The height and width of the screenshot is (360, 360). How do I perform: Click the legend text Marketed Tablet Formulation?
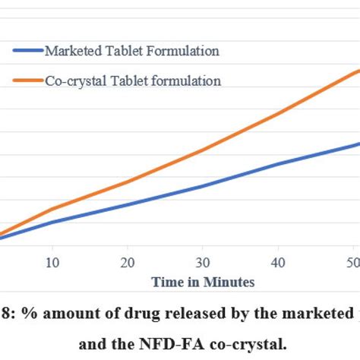132,52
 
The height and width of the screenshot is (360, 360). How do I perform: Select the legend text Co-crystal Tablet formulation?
133,81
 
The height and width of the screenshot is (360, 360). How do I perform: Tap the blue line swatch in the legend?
27,52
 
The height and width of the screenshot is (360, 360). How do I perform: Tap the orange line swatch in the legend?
27,81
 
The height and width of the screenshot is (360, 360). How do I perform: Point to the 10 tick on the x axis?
52,262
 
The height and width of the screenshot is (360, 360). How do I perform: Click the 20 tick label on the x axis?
128,262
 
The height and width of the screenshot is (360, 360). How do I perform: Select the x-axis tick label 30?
203,262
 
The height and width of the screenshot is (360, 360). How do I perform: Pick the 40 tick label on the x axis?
278,262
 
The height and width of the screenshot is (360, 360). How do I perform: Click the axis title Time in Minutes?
202,282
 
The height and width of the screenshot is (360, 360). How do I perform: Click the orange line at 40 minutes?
278,113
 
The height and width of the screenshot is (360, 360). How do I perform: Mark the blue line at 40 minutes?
278,164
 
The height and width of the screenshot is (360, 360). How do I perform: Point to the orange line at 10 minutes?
52,209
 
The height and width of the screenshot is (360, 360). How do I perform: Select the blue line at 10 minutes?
52,222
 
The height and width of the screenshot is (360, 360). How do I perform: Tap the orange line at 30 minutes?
203,150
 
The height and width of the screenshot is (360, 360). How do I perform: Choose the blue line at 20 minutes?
128,204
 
